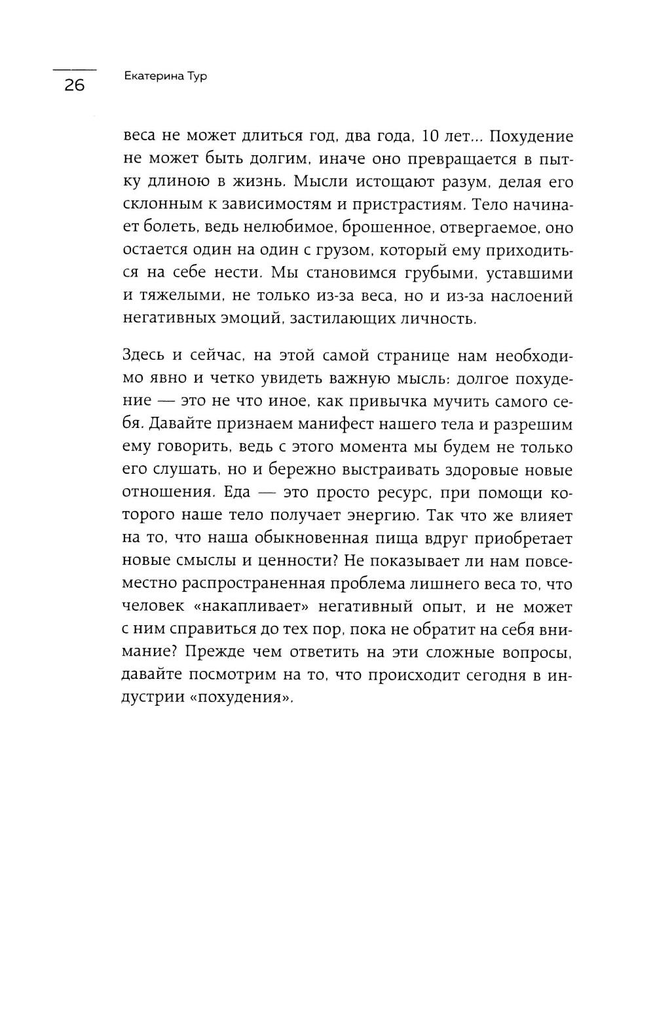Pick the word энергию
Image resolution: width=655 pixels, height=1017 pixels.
pos(375,516)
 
